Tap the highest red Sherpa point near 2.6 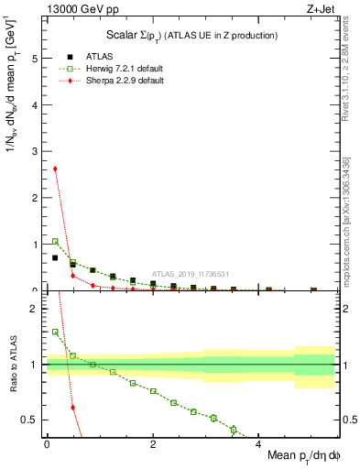[55, 169]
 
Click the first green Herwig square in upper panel [55, 241]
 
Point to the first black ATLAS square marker [55, 257]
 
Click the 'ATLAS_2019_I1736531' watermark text [190, 273]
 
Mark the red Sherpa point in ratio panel [72, 407]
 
